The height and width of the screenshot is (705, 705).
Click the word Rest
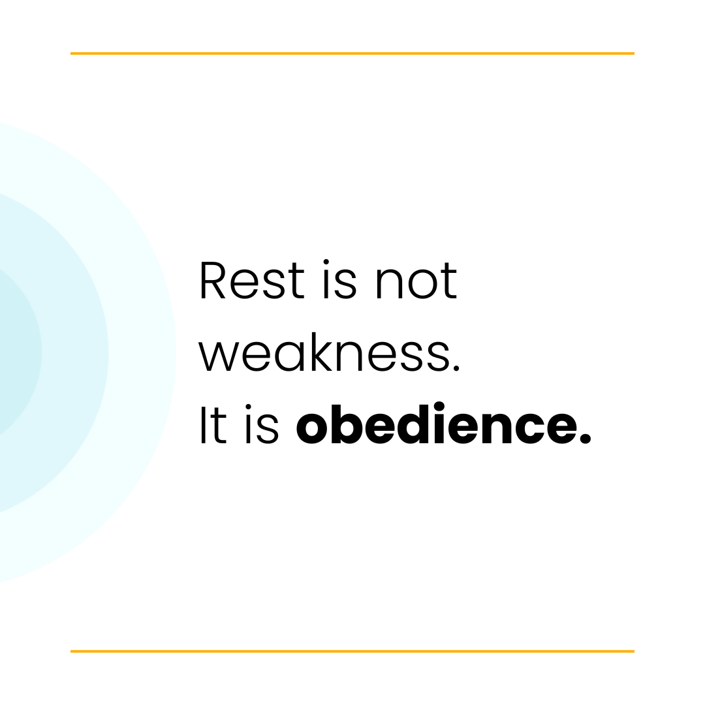(x=251, y=281)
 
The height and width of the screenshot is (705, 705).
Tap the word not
(x=416, y=282)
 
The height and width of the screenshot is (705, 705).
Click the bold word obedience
(x=444, y=425)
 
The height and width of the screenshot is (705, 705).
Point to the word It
(x=213, y=426)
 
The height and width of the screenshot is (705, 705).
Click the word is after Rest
(x=339, y=282)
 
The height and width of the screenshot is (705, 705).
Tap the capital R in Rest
(x=212, y=281)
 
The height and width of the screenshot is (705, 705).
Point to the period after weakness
(x=456, y=368)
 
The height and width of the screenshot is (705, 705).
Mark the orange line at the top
(x=352, y=54)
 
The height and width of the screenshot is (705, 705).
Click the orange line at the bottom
(x=352, y=651)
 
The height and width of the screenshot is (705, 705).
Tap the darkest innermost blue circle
(x=16, y=352)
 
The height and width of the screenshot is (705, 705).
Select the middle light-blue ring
(x=75, y=352)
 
